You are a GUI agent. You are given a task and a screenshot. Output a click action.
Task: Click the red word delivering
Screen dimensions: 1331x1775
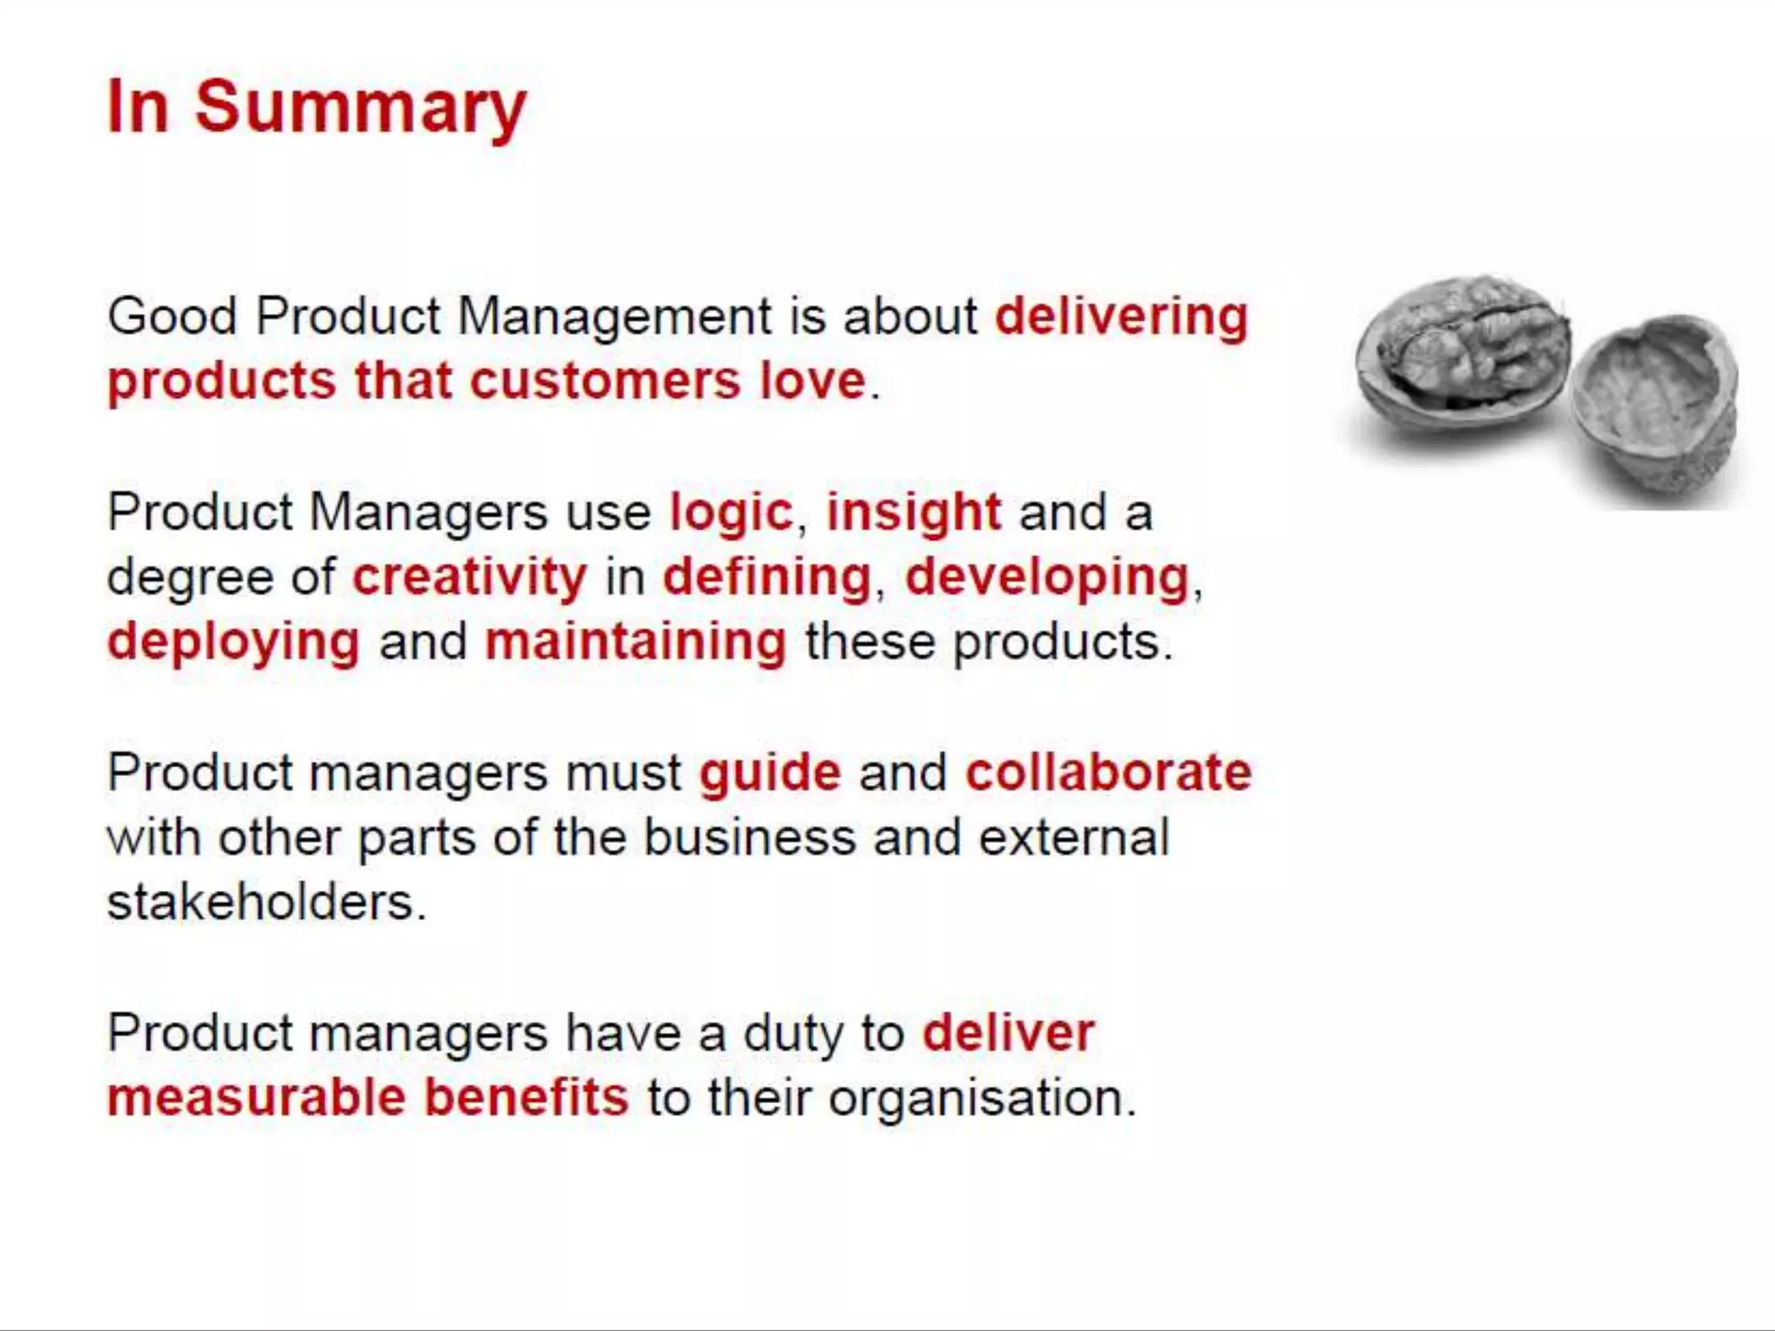pyautogui.click(x=1121, y=316)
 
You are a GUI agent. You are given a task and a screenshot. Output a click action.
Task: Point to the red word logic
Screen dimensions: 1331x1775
pyautogui.click(x=731, y=512)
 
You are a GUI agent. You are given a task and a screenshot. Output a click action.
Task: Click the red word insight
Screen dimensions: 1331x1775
pyautogui.click(x=914, y=512)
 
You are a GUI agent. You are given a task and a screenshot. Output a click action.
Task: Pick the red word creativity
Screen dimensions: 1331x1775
pyautogui.click(x=469, y=577)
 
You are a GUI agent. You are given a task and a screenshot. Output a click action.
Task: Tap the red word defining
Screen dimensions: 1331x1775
pyautogui.click(x=766, y=577)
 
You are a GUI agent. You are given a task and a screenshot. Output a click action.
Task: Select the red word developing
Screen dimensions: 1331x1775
pyautogui.click(x=1047, y=577)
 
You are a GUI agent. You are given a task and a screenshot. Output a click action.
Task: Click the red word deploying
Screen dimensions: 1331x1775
pyautogui.click(x=233, y=642)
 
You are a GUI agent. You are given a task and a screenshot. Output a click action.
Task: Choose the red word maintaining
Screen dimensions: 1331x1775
pyautogui.click(x=635, y=642)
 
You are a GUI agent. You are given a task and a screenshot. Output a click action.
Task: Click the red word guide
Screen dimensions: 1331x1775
pyautogui.click(x=770, y=773)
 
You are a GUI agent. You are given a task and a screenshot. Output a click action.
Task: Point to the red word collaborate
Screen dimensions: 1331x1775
pyautogui.click(x=1109, y=773)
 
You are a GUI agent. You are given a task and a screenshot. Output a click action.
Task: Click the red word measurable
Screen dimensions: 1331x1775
pyautogui.click(x=256, y=1098)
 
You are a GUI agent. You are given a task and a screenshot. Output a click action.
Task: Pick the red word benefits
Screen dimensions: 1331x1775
pyautogui.click(x=526, y=1098)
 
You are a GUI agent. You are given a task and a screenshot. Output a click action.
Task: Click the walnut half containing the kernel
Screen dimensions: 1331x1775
pyautogui.click(x=1463, y=355)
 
